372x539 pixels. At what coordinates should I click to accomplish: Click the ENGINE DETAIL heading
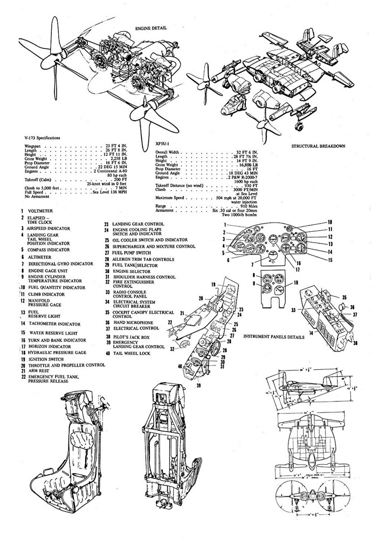point(151,26)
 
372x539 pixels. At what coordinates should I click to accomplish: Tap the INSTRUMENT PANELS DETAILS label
point(274,336)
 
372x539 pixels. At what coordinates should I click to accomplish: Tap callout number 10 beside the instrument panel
point(330,222)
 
